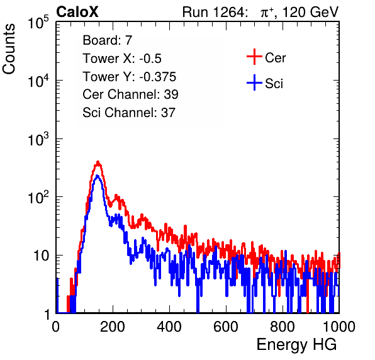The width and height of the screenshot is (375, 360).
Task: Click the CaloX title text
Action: pyautogui.click(x=77, y=12)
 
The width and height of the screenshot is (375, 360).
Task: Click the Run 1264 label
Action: pyautogui.click(x=213, y=12)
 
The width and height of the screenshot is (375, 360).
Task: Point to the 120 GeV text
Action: pyautogui.click(x=310, y=12)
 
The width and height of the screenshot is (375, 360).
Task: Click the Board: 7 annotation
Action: pyautogui.click(x=107, y=40)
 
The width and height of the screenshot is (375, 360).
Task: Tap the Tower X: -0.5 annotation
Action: pyautogui.click(x=122, y=58)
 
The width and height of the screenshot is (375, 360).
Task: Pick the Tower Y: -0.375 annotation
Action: pyautogui.click(x=130, y=76)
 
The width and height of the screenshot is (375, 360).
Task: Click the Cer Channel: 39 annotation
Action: pyautogui.click(x=130, y=94)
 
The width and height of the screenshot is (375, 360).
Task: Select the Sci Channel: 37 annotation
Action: pyautogui.click(x=129, y=112)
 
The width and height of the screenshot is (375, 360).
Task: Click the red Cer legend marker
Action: pyautogui.click(x=254, y=57)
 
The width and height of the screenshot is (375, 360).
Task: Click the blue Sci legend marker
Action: pyautogui.click(x=254, y=82)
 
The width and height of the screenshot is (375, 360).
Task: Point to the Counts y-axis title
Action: pyautogui.click(x=9, y=49)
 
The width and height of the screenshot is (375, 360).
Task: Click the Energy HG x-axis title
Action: pyautogui.click(x=296, y=345)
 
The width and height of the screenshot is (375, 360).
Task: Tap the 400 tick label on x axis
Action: pyautogui.click(x=169, y=327)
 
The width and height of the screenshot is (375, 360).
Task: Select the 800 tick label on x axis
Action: pyautogui.click(x=283, y=327)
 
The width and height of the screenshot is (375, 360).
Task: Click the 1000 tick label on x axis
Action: pyautogui.click(x=339, y=327)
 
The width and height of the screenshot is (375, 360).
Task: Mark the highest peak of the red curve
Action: pyautogui.click(x=98, y=162)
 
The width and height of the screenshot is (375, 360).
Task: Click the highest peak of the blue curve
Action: pyautogui.click(x=98, y=176)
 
